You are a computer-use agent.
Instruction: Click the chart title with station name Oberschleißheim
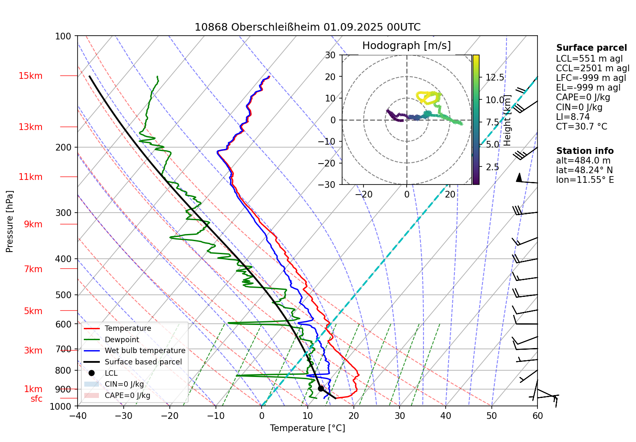[307, 27]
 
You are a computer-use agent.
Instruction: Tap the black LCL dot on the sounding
[321, 388]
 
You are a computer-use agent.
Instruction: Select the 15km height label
[30, 76]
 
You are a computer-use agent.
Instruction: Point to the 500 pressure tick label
[63, 295]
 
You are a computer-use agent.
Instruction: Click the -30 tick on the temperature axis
[123, 416]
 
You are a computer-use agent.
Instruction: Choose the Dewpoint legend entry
[122, 340]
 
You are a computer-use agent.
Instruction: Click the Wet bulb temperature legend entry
[145, 351]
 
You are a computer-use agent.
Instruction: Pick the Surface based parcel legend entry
[143, 362]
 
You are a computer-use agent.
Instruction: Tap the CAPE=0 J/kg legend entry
[127, 395]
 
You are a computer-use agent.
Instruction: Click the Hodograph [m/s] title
[406, 46]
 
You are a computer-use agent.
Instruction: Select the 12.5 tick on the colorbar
[495, 78]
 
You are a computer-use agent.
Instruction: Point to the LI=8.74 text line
[573, 117]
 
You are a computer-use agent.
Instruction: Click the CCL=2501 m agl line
[592, 68]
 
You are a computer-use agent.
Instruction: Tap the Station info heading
[584, 151]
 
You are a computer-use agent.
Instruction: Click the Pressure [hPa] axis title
[10, 221]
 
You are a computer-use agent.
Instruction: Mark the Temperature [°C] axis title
[307, 428]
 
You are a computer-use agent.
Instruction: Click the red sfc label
[36, 399]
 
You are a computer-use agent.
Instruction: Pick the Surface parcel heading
[591, 48]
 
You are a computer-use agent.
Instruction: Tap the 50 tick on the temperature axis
[491, 416]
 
